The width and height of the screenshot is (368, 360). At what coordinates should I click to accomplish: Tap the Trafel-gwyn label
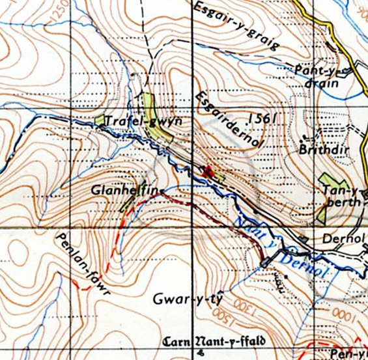tap(143, 122)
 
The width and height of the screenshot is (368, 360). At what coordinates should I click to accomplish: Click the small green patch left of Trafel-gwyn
tap(100, 120)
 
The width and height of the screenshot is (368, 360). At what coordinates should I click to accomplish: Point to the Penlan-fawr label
tap(83, 264)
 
